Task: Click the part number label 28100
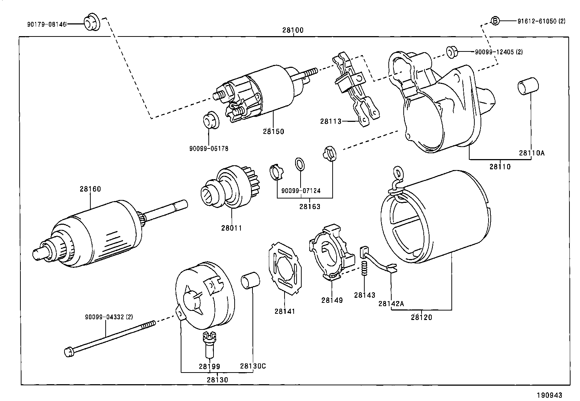293,30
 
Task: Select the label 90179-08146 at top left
47,24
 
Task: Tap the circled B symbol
495,21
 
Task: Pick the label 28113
331,121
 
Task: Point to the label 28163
310,207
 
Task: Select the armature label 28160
90,189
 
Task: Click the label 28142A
391,303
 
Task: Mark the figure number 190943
549,395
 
